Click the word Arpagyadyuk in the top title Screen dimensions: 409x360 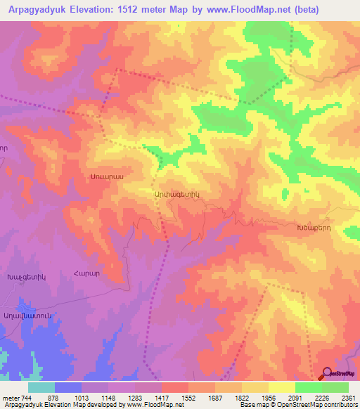click(34, 9)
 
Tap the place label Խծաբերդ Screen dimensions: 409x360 click(313, 228)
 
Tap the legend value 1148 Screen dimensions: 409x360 click(109, 398)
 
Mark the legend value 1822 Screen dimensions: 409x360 click(241, 398)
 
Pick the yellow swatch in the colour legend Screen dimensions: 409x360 click(281, 387)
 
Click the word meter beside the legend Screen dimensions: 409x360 click(11, 398)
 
